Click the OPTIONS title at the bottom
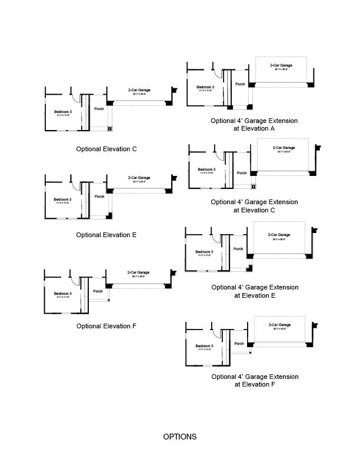point(179,437)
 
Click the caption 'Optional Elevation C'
point(106,149)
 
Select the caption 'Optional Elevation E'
point(106,235)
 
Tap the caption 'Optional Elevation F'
point(106,325)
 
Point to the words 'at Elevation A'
point(254,128)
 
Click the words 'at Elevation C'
point(254,209)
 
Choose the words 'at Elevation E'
point(254,295)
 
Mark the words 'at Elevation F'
point(254,384)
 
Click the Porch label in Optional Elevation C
point(99,108)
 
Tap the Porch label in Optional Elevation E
point(99,197)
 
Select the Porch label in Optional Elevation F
point(98,291)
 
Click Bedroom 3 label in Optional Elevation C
point(62,111)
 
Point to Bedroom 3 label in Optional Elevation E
point(62,199)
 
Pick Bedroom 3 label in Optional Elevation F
point(62,294)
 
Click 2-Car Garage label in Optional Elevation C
point(139,90)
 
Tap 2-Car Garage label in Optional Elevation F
point(139,272)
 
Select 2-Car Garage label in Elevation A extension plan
point(281,65)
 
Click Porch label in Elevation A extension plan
point(240,84)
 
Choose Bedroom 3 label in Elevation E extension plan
point(204,252)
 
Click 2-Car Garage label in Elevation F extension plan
point(279,325)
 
